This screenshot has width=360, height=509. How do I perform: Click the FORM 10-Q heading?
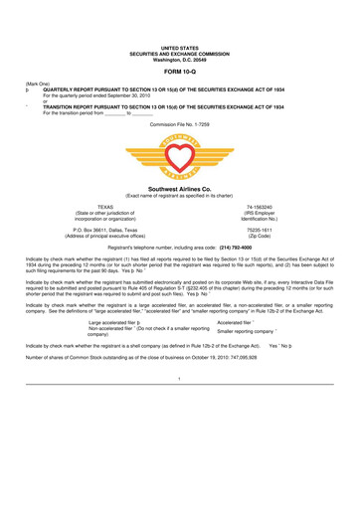pyautogui.click(x=180, y=69)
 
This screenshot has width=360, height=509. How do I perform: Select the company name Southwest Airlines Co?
pyautogui.click(x=180, y=188)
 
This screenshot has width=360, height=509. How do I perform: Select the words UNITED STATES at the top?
pyautogui.click(x=180, y=47)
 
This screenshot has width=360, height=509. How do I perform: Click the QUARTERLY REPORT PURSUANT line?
pyautogui.click(x=189, y=89)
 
